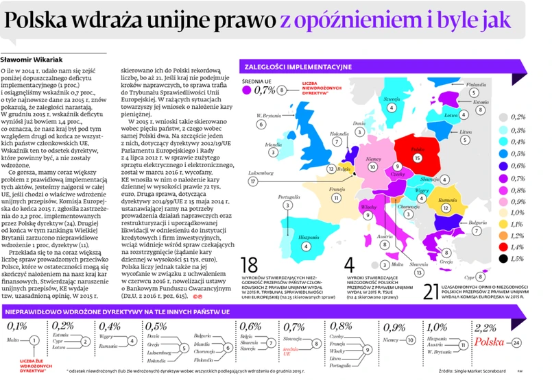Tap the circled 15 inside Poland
point(418,157)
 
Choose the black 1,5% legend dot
point(503,258)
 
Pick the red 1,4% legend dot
point(503,247)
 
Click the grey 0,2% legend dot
point(503,118)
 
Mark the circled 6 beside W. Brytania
point(262,124)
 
